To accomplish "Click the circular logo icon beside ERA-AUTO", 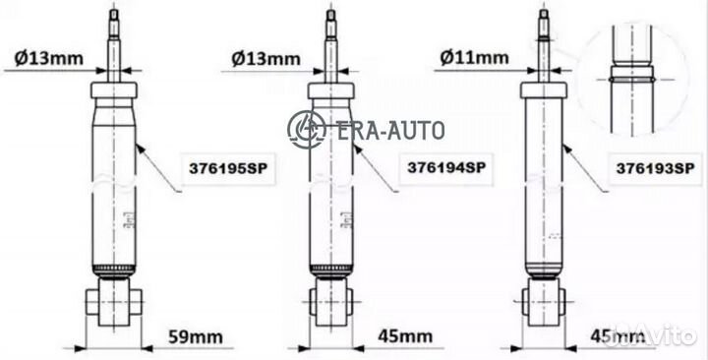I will (306, 128).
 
